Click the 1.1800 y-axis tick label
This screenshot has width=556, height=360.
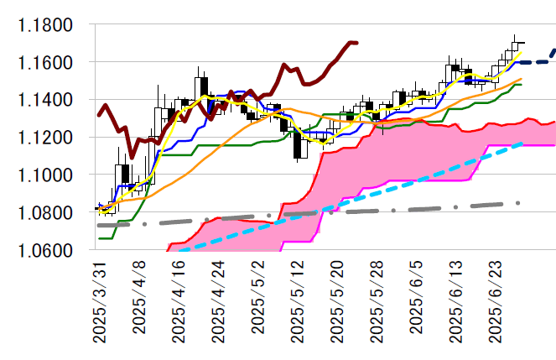tap(46, 25)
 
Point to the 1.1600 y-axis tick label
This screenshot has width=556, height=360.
tap(46, 63)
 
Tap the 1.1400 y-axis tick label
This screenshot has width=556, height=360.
tap(46, 100)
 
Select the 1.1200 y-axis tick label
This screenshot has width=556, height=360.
tap(46, 138)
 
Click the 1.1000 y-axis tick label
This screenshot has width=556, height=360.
tap(46, 175)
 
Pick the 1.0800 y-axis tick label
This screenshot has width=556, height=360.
tap(46, 212)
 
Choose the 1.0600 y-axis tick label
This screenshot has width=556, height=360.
tap(46, 249)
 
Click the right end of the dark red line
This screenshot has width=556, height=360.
tap(357, 43)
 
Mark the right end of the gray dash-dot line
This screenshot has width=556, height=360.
tap(520, 203)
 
